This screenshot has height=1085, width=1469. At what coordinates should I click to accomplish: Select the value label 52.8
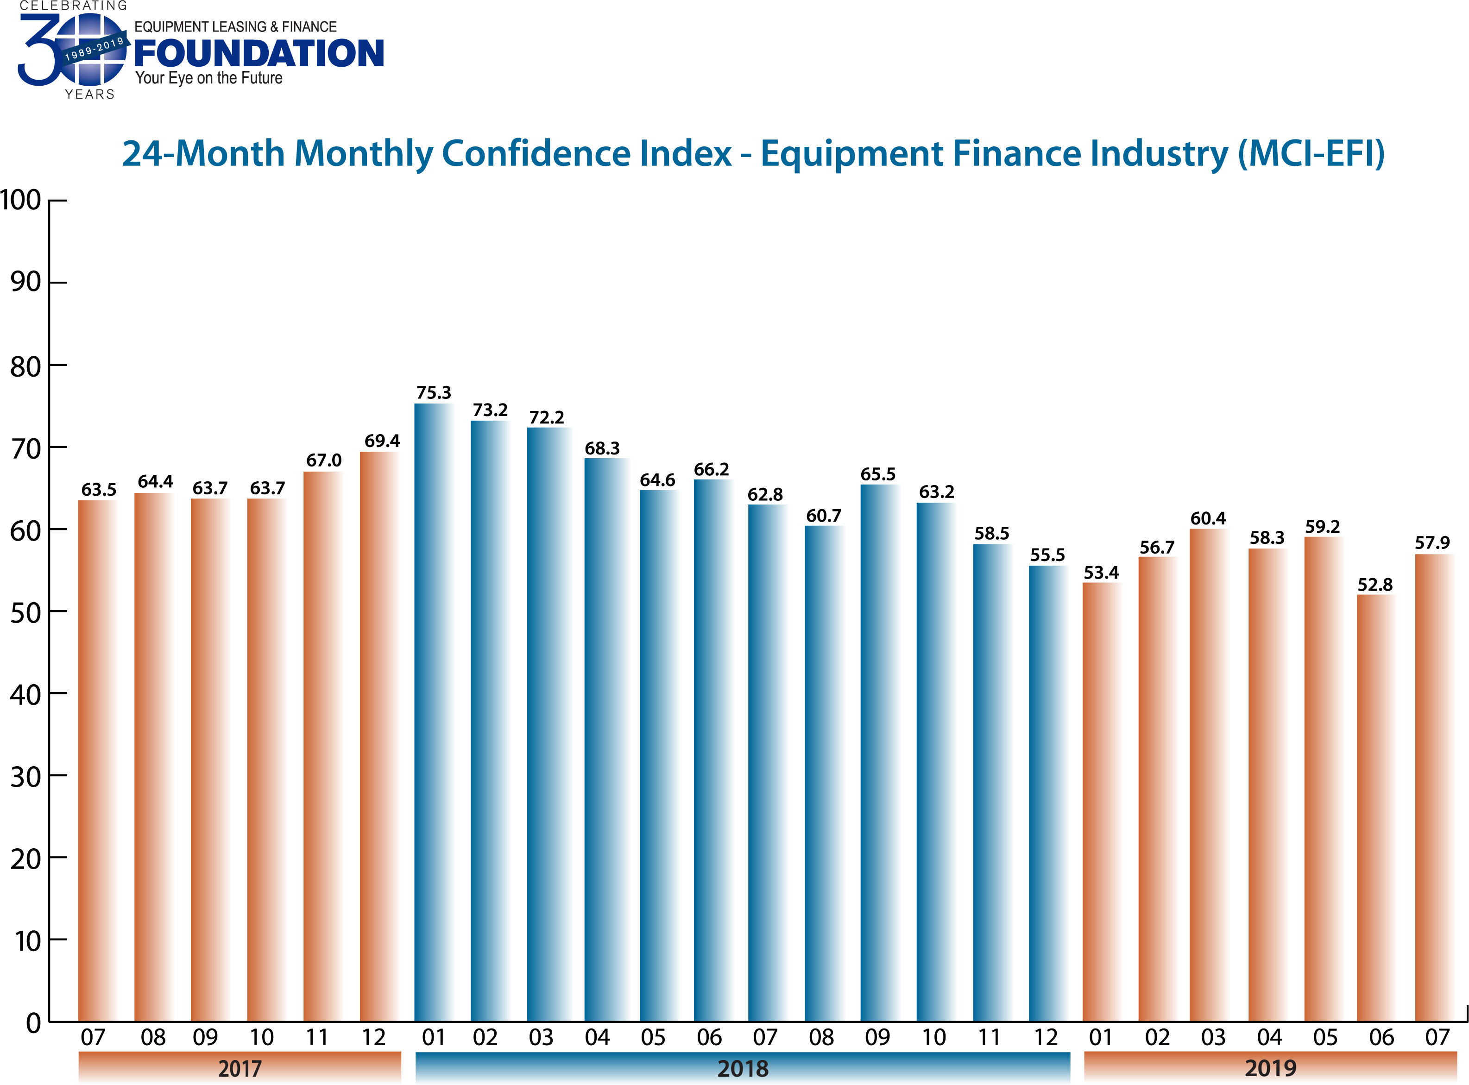[1374, 585]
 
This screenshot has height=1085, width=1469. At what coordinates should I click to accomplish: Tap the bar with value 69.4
[379, 736]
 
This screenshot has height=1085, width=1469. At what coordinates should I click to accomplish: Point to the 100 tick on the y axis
[21, 200]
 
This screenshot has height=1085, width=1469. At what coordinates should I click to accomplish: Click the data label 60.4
[1208, 518]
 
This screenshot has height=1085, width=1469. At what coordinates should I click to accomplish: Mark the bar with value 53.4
[1101, 801]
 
